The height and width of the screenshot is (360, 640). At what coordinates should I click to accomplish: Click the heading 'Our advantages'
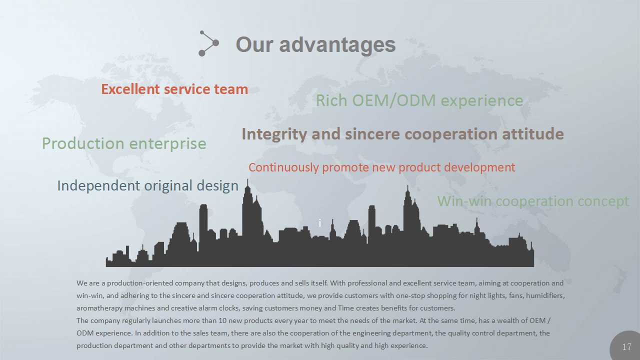click(x=315, y=45)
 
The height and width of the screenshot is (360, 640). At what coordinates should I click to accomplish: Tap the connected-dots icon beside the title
click(x=208, y=43)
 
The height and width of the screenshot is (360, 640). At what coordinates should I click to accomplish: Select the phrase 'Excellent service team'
click(x=174, y=89)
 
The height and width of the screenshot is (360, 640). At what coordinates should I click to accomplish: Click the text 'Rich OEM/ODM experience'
click(x=419, y=100)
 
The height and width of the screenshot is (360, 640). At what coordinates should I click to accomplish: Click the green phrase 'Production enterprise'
click(x=124, y=143)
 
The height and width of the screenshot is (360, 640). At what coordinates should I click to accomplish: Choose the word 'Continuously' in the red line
click(x=283, y=167)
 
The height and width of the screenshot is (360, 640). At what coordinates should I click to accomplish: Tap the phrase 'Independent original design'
click(x=147, y=186)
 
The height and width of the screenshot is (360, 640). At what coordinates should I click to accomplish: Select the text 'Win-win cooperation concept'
click(x=533, y=201)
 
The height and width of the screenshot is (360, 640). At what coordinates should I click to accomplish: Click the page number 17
click(x=626, y=347)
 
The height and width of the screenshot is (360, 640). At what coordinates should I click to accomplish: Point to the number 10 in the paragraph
click(x=222, y=320)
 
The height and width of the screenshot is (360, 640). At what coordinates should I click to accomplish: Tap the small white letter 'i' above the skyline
click(x=319, y=223)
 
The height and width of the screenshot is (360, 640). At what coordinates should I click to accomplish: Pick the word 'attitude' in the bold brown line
click(x=533, y=134)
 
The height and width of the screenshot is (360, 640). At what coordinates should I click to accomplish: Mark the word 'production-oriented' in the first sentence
click(x=140, y=283)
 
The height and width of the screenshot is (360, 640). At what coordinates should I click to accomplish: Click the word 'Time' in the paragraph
click(x=345, y=308)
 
